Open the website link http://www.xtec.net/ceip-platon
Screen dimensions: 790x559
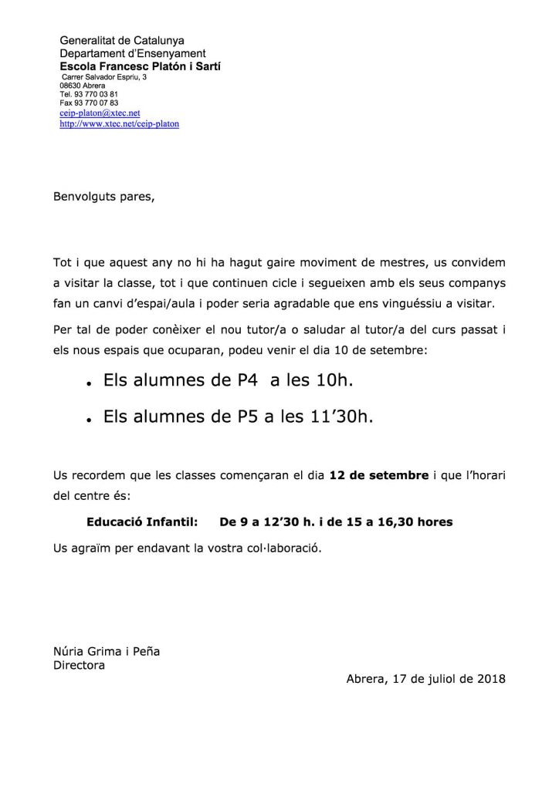(x=119, y=123)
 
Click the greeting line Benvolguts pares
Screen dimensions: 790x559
(x=103, y=197)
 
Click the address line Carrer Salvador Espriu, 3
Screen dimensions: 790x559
(x=103, y=77)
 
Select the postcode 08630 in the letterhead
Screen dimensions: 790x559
(x=69, y=86)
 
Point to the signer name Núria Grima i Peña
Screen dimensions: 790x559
(x=106, y=651)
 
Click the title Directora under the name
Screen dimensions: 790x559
(x=78, y=663)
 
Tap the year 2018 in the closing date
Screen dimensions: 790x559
(x=491, y=679)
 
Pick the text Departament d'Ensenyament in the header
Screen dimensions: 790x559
(x=133, y=53)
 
